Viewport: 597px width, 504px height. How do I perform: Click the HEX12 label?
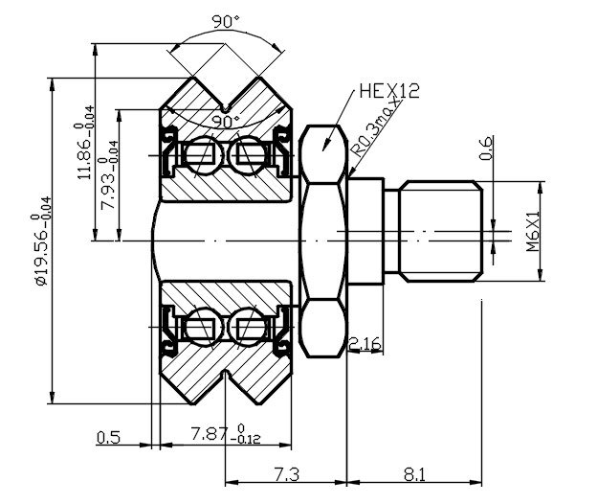391,92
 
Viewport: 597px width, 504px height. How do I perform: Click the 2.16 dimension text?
367,343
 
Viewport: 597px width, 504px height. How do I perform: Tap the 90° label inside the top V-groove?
226,123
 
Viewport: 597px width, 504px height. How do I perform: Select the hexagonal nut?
322,240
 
